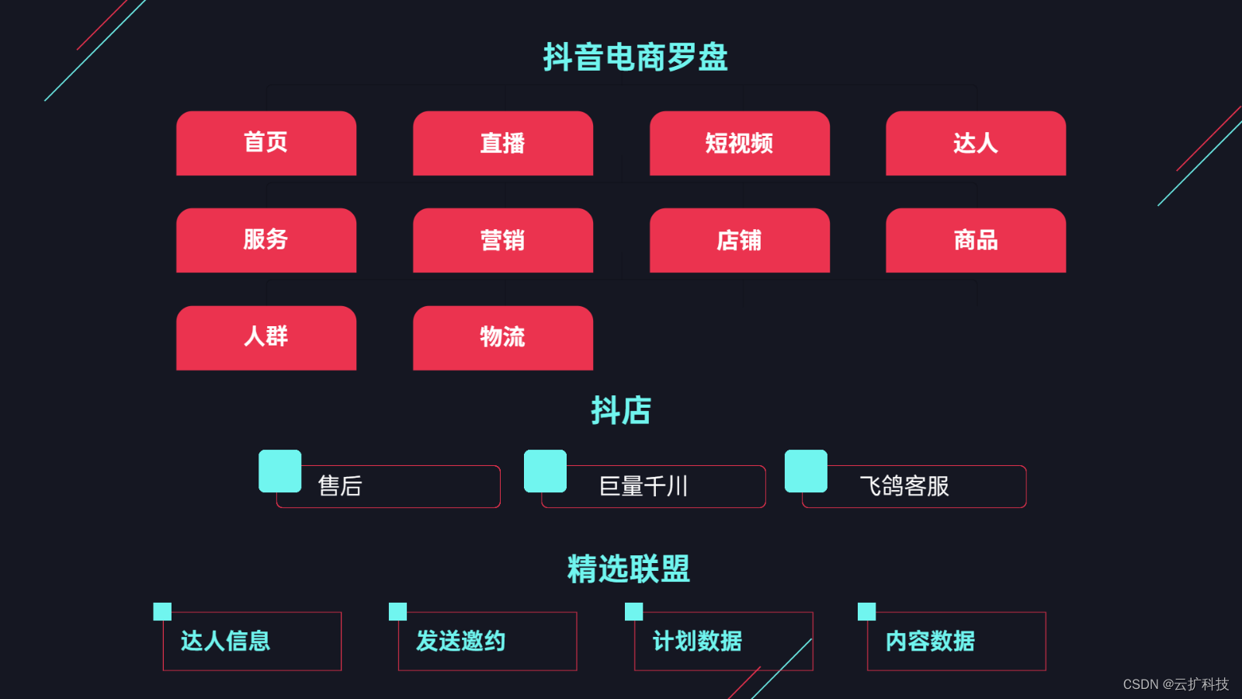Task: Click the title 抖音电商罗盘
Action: tap(635, 57)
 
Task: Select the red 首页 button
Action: tap(266, 143)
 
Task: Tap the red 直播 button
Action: tap(503, 143)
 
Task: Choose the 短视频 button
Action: tap(740, 143)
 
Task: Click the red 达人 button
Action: tap(976, 143)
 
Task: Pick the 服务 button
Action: tap(266, 240)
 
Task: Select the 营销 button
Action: tap(503, 240)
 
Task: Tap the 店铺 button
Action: tap(740, 240)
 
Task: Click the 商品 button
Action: tap(976, 240)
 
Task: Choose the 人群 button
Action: tap(266, 337)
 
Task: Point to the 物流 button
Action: tap(503, 337)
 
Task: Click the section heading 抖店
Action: tap(621, 410)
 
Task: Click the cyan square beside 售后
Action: tap(280, 471)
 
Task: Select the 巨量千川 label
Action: tap(644, 486)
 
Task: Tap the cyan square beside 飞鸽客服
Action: tap(806, 471)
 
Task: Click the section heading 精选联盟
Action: tap(629, 569)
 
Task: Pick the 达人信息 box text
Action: tap(225, 641)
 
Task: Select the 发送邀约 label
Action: tap(460, 641)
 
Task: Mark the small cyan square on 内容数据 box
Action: tap(866, 611)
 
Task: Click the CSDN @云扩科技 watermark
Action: tap(1175, 684)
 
